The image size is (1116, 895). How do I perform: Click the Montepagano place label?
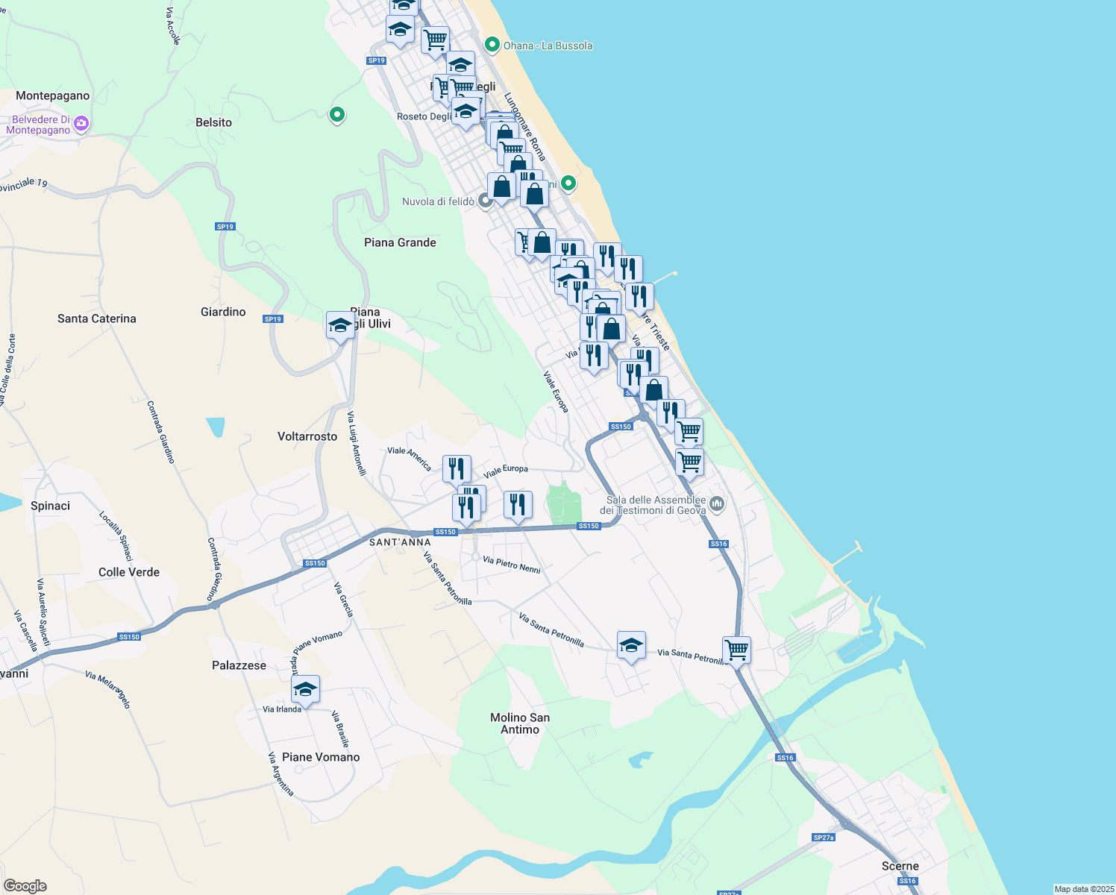[52, 95]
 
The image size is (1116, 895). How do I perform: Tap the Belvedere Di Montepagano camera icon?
[81, 124]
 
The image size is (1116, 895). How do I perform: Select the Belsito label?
[213, 122]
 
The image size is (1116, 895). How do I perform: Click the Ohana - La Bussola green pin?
[492, 45]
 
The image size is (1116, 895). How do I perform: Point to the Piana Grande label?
[400, 242]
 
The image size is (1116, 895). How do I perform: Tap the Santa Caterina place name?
[97, 318]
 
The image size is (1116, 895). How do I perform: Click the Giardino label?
[223, 312]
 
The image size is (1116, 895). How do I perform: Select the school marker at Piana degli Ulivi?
[340, 326]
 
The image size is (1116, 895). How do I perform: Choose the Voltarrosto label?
[307, 436]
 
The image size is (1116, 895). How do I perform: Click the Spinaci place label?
[50, 506]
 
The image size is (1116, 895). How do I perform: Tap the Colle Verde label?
[129, 572]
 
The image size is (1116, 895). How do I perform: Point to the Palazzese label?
[239, 665]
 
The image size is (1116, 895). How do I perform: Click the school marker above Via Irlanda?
[305, 689]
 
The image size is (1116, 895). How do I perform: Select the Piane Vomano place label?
[321, 757]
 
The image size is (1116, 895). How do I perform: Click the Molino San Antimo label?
[520, 723]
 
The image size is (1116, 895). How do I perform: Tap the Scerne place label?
[900, 866]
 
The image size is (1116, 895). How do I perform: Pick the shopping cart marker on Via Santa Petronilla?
[736, 650]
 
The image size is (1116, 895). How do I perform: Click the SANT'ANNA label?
[400, 542]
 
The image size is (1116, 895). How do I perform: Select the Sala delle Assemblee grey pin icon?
[717, 505]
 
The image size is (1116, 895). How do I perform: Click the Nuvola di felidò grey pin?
[486, 201]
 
